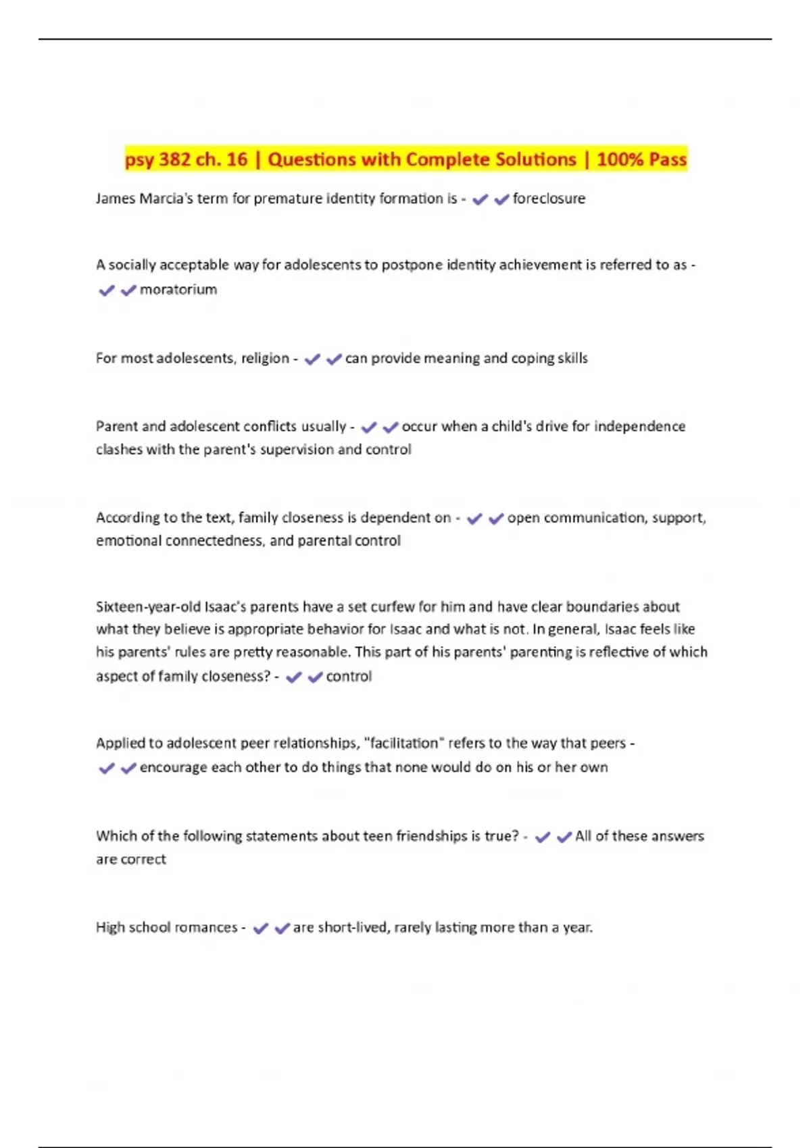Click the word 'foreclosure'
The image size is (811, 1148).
549,199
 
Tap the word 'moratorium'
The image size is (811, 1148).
178,290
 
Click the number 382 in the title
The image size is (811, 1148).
174,159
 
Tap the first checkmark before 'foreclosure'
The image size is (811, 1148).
480,199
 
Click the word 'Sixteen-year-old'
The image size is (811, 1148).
148,606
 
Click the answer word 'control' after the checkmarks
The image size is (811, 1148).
349,676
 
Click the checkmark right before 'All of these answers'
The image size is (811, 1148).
564,837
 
